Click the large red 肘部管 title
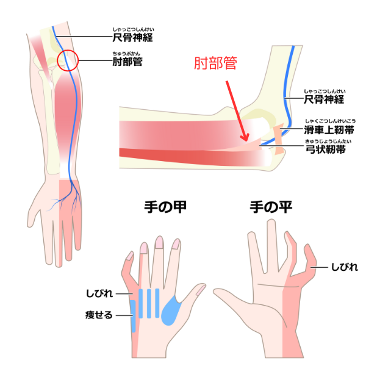[x=215, y=63]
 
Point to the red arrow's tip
[x=246, y=141]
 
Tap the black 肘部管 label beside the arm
[x=127, y=62]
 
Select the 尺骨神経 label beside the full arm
[x=132, y=38]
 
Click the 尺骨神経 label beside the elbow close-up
[x=324, y=99]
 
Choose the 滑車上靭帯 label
[x=329, y=130]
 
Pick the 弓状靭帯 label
[x=326, y=149]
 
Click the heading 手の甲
[x=165, y=207]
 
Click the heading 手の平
[x=271, y=207]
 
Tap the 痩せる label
[x=99, y=315]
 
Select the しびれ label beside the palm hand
[x=345, y=267]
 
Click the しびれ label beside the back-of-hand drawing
[x=99, y=293]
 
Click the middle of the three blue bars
[x=149, y=303]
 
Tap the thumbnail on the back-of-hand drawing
[x=200, y=289]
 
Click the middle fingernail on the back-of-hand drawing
[x=160, y=243]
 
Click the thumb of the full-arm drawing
[x=34, y=211]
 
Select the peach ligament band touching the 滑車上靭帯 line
[x=279, y=138]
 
